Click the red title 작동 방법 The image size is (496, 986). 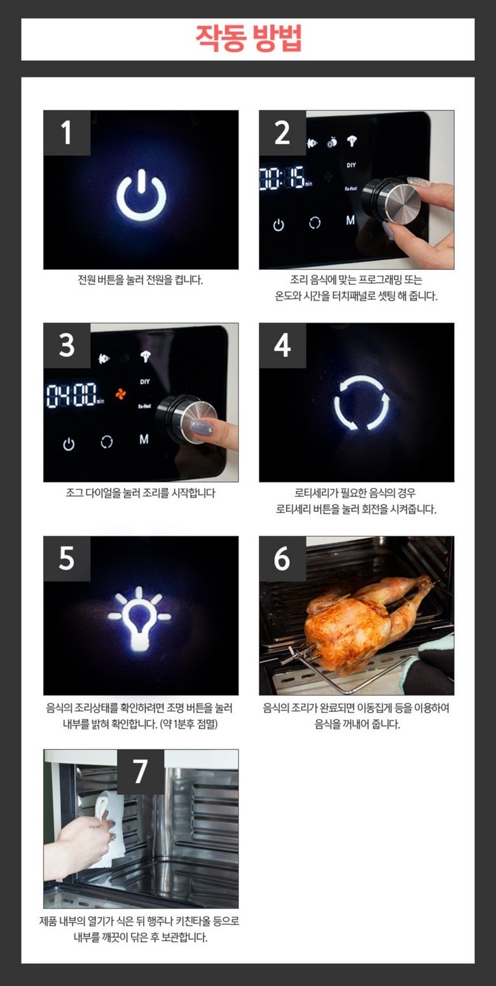249,39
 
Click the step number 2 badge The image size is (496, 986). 282,133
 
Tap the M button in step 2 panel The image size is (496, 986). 350,220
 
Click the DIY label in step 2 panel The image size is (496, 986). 351,165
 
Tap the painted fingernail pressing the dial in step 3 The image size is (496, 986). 202,427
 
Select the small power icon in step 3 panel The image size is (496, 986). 69,444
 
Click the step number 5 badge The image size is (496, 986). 67,558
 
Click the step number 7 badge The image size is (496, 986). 141,772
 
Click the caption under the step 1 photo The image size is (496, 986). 141,280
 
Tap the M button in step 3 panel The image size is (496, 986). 144,439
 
